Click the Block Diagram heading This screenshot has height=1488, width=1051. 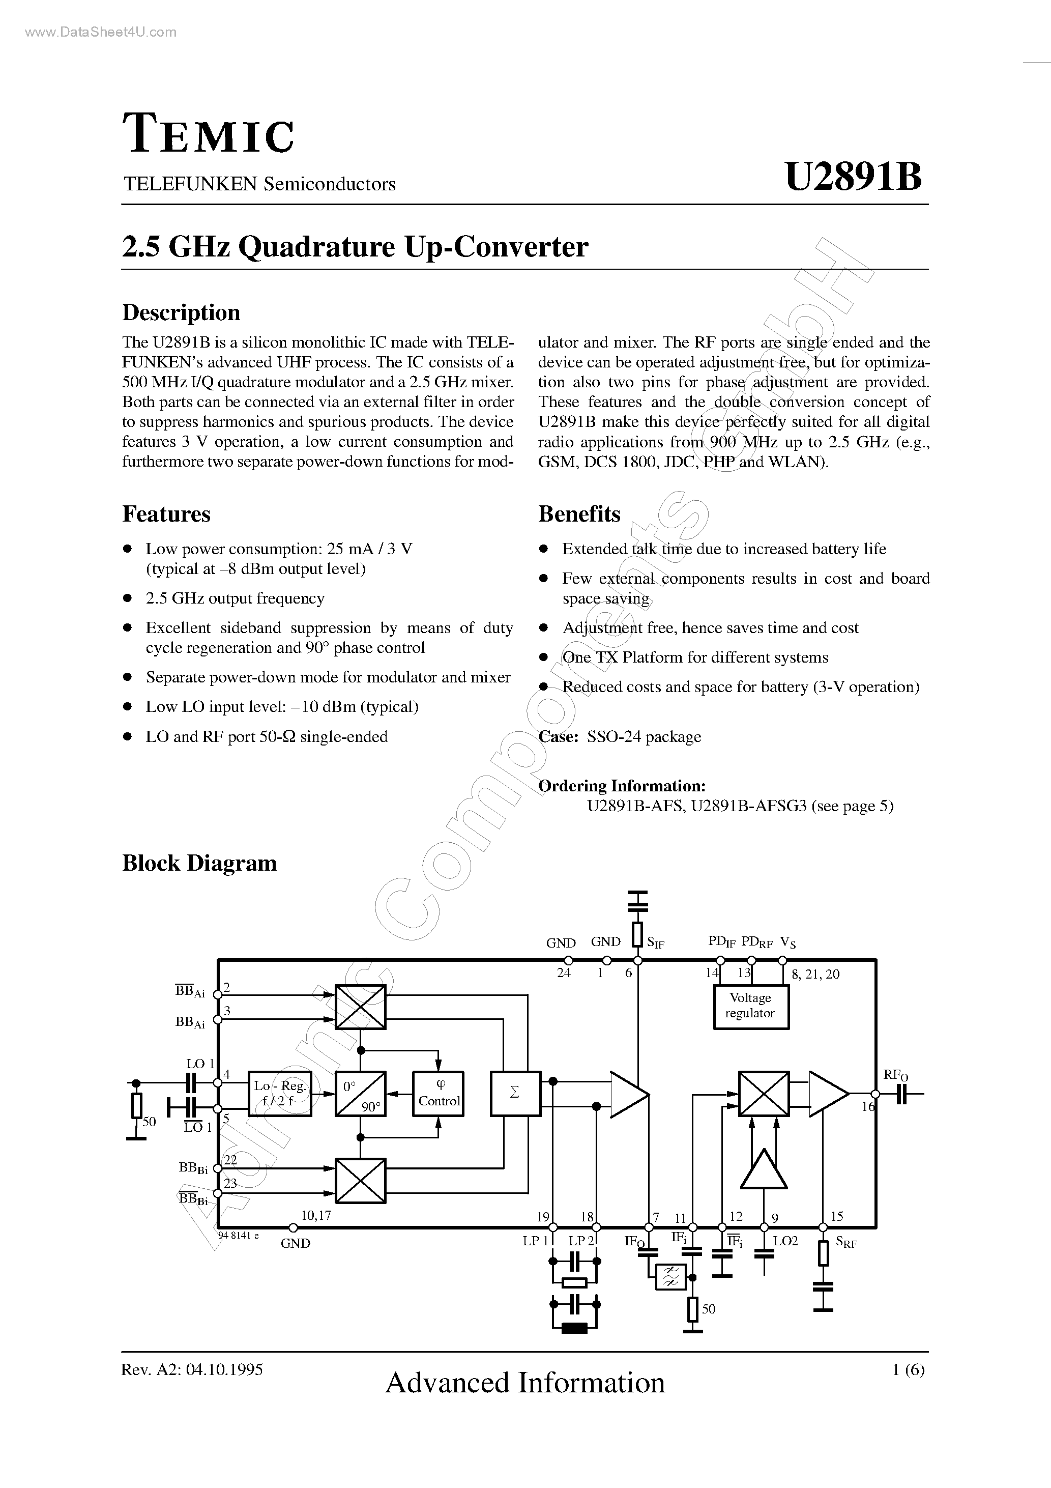pyautogui.click(x=199, y=863)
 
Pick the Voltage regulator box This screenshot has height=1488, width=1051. pyautogui.click(x=750, y=1006)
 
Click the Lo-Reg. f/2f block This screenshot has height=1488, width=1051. pyautogui.click(x=280, y=1093)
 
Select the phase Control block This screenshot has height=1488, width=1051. pyautogui.click(x=438, y=1093)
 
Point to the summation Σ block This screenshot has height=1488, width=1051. pyautogui.click(x=515, y=1093)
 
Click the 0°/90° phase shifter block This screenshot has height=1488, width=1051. pyautogui.click(x=360, y=1093)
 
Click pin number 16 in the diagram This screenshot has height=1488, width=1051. pyautogui.click(x=868, y=1106)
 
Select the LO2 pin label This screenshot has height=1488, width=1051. pyautogui.click(x=785, y=1241)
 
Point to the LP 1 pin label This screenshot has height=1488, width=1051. pyautogui.click(x=535, y=1241)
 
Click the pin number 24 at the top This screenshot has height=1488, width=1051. pyautogui.click(x=564, y=973)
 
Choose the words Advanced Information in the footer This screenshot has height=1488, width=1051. pyautogui.click(x=525, y=1382)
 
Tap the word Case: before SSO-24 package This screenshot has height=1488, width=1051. pyautogui.click(x=558, y=737)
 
